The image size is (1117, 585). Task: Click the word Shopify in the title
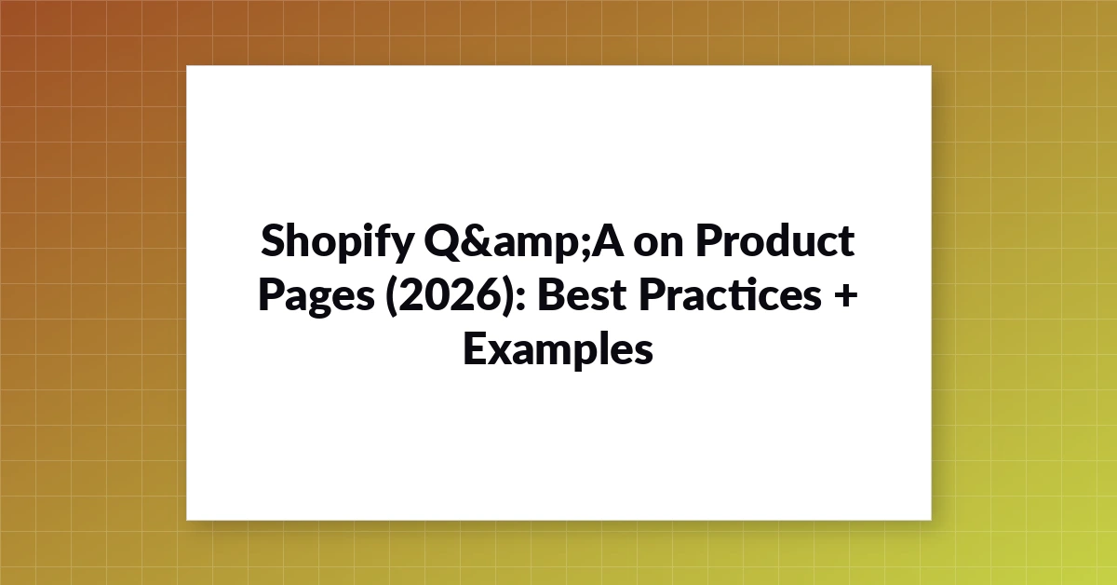click(337, 243)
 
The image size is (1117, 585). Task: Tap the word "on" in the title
click(658, 245)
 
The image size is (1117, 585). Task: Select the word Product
click(775, 240)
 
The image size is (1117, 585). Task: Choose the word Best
click(582, 294)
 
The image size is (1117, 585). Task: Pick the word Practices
click(730, 294)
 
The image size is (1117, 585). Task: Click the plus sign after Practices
click(845, 294)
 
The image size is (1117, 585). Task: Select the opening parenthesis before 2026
click(392, 296)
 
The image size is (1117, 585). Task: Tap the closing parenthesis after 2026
click(507, 296)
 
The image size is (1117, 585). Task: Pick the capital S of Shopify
click(274, 240)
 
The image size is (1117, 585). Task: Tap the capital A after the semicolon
click(607, 240)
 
